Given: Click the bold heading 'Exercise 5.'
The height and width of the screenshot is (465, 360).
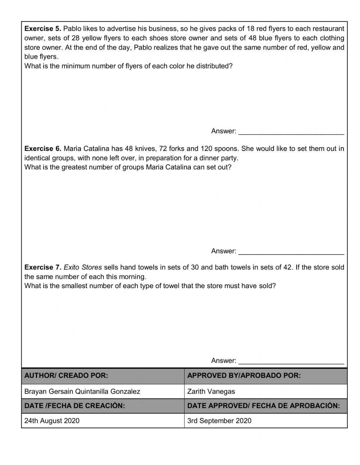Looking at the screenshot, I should (42, 29).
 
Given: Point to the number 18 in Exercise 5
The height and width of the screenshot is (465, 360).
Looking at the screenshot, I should (251, 29).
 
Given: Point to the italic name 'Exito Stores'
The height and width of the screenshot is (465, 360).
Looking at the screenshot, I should (83, 268).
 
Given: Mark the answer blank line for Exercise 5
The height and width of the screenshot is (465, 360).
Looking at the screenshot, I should (291, 133).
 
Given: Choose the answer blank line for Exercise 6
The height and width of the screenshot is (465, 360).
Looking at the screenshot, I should (291, 253).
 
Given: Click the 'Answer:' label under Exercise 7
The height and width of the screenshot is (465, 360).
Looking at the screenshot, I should (224, 361).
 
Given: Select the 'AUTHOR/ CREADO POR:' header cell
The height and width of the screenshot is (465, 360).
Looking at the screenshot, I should (66, 376).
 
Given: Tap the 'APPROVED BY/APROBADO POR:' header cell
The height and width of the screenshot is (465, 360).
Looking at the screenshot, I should (244, 376).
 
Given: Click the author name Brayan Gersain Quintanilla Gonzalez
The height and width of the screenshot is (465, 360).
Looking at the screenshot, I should (82, 392).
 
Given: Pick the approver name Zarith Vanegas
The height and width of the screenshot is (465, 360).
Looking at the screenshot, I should (211, 392).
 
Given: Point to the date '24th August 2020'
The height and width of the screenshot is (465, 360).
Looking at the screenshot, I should (52, 421).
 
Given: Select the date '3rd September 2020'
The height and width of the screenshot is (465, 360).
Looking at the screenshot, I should (219, 421).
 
